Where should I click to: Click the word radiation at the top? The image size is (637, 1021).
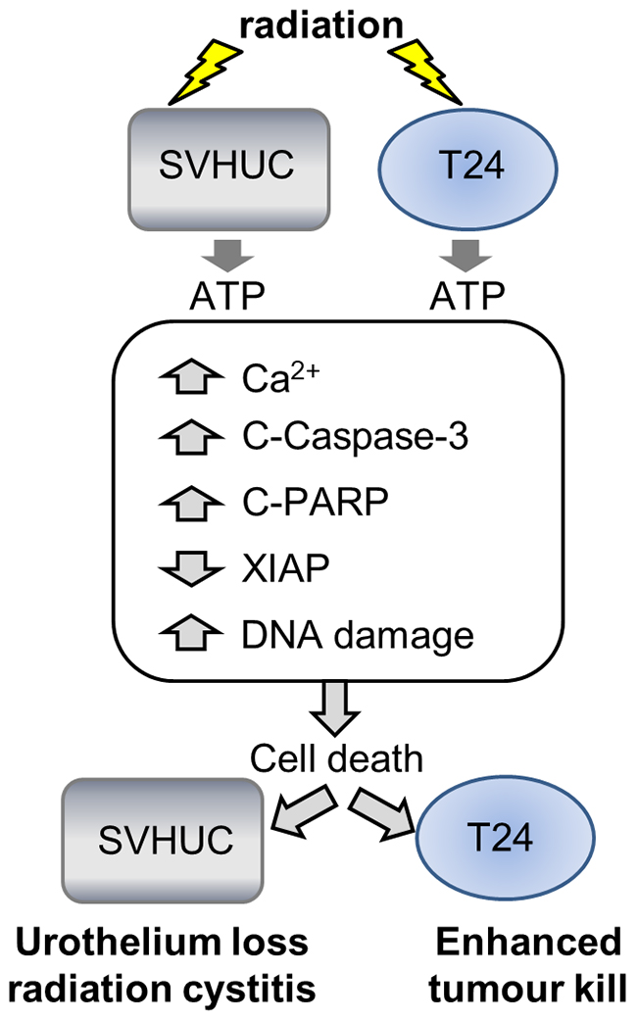pos(318,22)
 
